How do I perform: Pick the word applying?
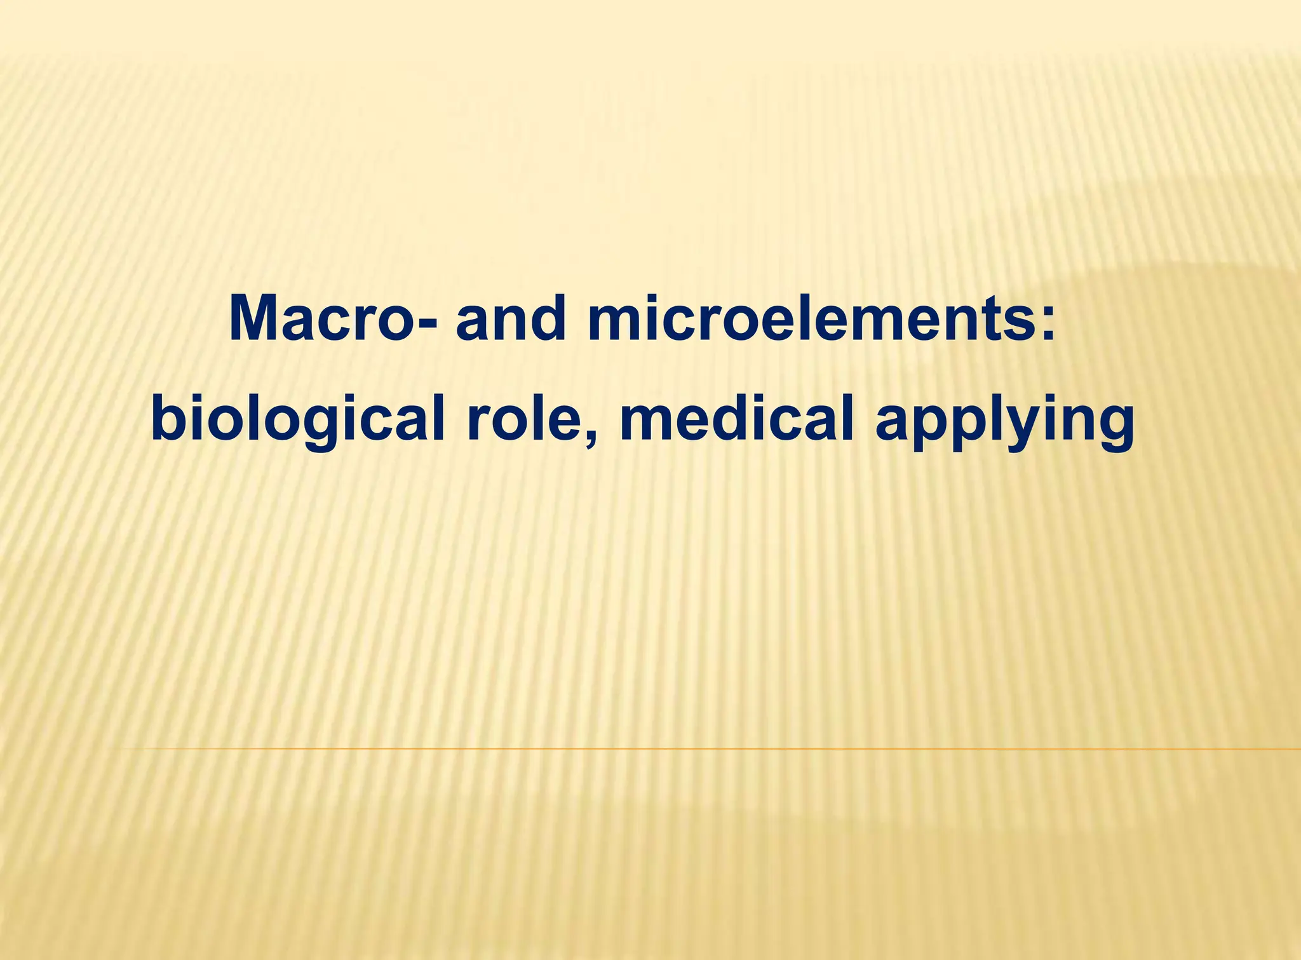pyautogui.click(x=1004, y=423)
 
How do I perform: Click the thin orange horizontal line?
pyautogui.click(x=699, y=749)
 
